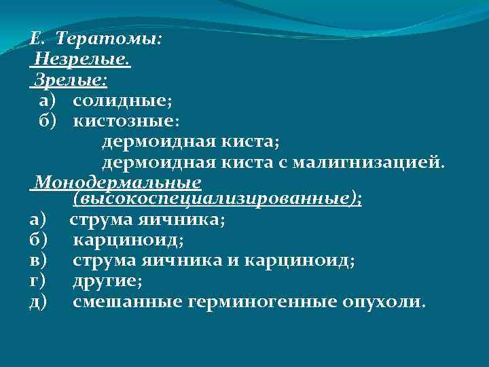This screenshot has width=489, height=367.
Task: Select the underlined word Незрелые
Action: click(x=82, y=60)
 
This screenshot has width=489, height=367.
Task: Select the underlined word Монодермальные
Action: click(x=118, y=182)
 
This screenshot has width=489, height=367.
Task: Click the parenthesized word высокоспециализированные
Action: click(x=217, y=200)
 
